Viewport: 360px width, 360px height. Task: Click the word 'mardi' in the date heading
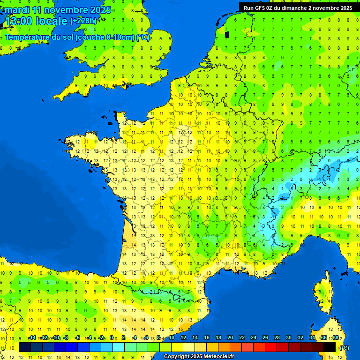tap(17, 10)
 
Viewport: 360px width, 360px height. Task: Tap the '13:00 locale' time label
tap(36, 21)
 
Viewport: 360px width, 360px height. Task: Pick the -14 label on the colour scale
tap(32, 337)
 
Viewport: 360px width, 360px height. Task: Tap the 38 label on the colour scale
tap(336, 337)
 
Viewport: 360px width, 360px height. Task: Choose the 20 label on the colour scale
tap(230, 337)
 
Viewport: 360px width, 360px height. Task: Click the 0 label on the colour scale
tap(112, 337)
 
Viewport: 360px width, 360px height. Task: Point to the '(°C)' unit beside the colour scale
tap(345, 347)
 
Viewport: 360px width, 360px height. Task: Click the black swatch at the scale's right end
tap(330, 347)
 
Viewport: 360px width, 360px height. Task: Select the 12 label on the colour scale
tap(183, 337)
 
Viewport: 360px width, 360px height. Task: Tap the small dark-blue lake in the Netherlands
tap(227, 34)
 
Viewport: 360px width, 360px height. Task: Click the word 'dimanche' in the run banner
tap(292, 8)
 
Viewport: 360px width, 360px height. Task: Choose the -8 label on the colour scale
tap(67, 337)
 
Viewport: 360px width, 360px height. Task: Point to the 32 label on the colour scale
tap(300, 337)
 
